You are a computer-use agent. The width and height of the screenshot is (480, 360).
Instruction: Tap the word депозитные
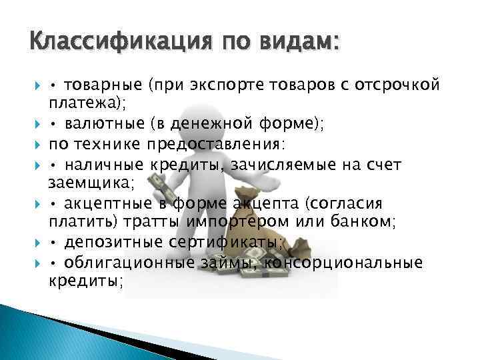click(x=107, y=244)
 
